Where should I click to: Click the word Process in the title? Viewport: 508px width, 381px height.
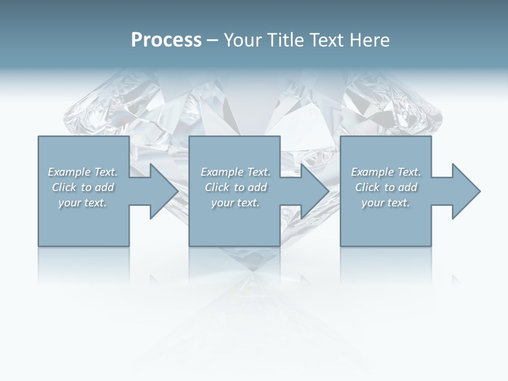point(166,40)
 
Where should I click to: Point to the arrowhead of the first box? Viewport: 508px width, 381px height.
point(164,191)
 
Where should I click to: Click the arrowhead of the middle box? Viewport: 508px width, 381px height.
point(314,191)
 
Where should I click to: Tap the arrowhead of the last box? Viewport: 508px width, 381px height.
point(466,191)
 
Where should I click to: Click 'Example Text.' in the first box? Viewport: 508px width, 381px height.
point(83,172)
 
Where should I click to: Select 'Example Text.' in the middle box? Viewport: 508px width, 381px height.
point(235,172)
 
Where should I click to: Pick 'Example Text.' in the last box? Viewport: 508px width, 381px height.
point(386,172)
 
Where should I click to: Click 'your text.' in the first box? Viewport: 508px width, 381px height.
point(83,203)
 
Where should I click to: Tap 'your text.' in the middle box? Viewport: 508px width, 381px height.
point(235,203)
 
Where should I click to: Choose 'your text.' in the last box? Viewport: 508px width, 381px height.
point(386,203)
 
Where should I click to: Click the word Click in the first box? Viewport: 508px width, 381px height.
point(64,187)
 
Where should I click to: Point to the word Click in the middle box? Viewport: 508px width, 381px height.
point(217,187)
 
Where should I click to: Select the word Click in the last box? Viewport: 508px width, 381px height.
point(367,187)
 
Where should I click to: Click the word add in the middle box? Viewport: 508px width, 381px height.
point(257,187)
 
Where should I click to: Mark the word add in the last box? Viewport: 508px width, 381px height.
point(407,187)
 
